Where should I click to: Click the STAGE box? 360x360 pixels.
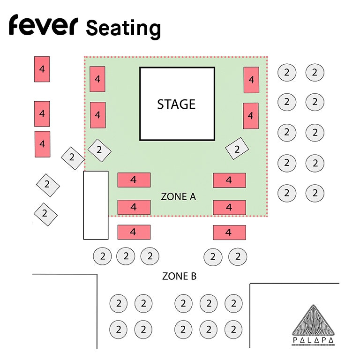pos(177,104)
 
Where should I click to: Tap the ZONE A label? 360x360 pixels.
pos(178,196)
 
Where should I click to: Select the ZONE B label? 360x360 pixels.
pos(179,276)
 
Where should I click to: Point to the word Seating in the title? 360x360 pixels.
pos(123,28)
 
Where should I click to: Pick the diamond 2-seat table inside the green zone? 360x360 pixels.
pos(99,150)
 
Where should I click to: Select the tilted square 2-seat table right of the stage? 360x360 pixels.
pos(237,149)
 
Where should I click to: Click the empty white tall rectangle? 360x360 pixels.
pos(96,205)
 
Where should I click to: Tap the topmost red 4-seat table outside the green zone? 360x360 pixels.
pos(42,69)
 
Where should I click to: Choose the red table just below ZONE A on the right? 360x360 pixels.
pos(229,207)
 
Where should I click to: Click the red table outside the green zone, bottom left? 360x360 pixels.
pos(134,232)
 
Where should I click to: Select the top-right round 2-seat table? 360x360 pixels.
pos(315,72)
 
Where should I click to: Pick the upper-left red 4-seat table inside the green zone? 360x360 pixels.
pos(97,79)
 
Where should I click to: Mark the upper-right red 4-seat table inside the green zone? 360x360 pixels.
pos(251,80)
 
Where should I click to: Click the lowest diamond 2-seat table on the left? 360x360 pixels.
pos(45,214)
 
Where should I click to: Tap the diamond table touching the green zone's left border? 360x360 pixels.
pos(72,157)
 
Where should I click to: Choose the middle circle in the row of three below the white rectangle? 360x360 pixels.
pos(126,256)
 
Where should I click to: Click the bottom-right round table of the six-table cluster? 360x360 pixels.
pos(233,329)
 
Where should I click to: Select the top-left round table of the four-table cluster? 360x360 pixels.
pos(119,304)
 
